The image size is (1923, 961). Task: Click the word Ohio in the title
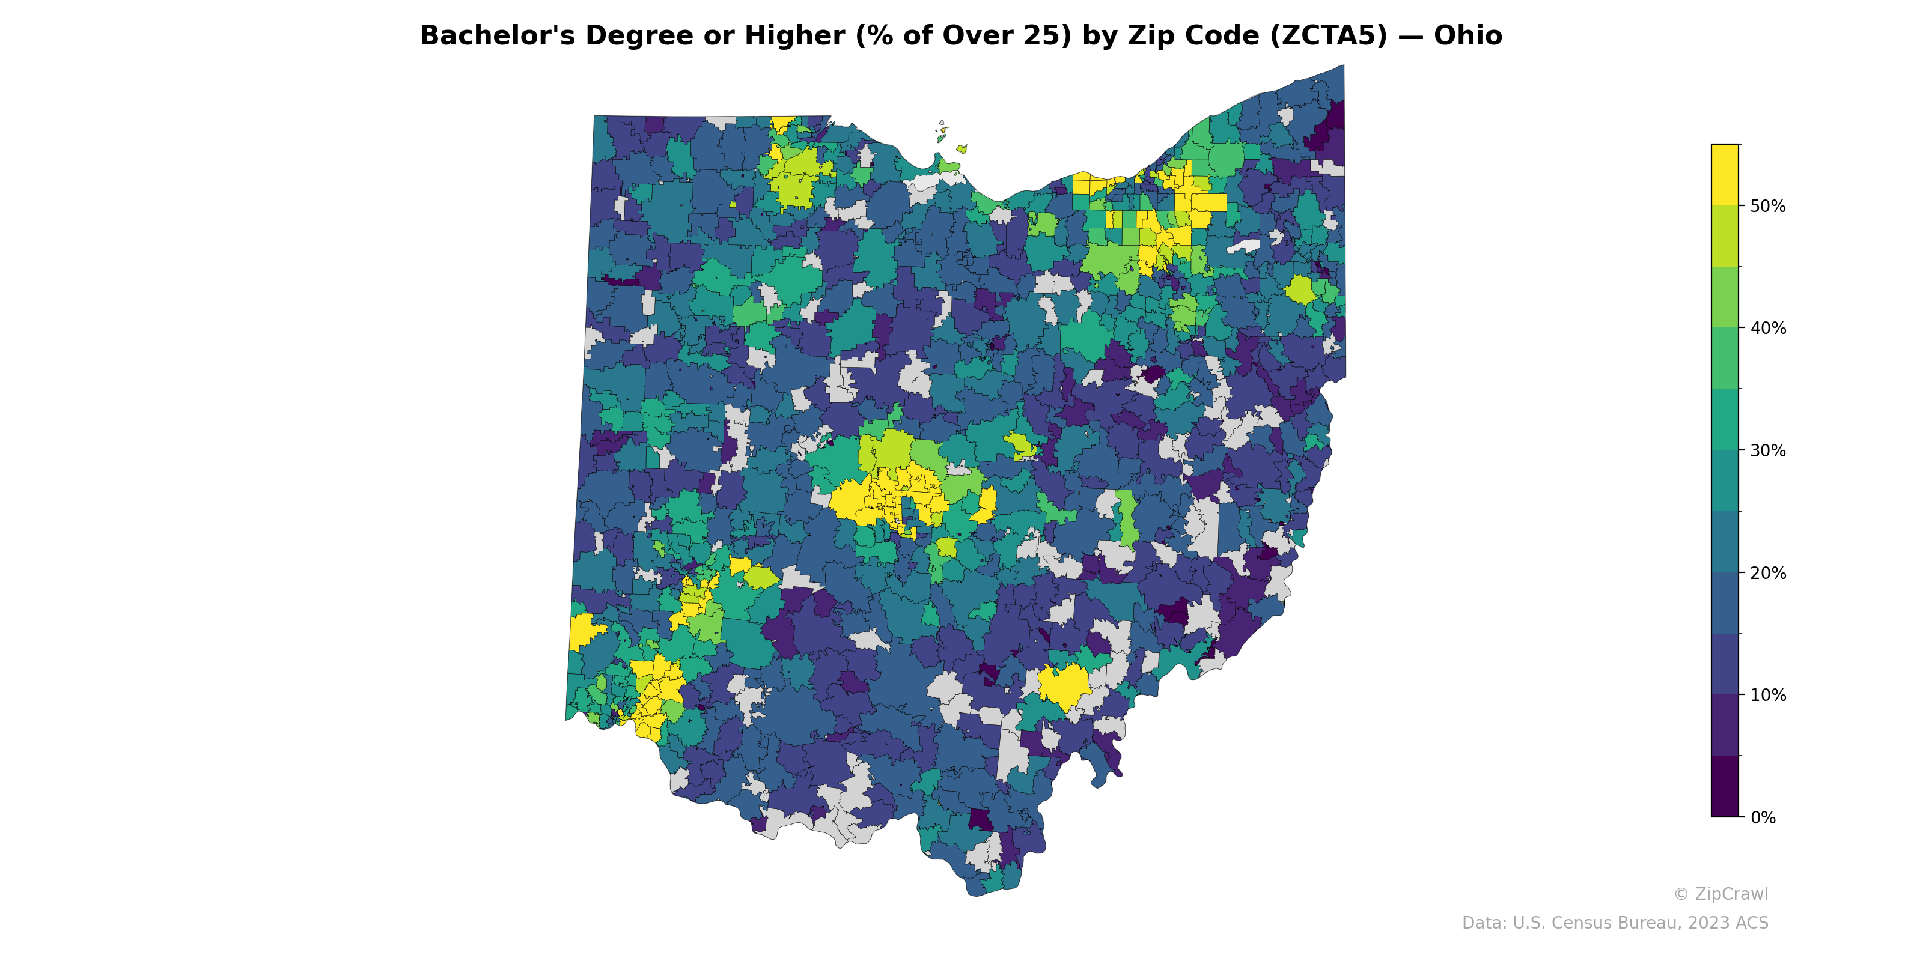[x=1467, y=36]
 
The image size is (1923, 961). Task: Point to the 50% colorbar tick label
[x=1768, y=207]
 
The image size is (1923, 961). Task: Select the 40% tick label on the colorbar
[x=1768, y=329]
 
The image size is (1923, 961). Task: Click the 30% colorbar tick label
[x=1768, y=450]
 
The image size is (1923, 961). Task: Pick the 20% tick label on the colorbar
[x=1768, y=573]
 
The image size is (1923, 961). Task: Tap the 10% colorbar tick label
[x=1768, y=696]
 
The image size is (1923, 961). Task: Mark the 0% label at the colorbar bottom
[x=1763, y=817]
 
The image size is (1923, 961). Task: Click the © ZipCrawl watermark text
[x=1720, y=894]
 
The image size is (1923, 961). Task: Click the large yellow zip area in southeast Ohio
[x=1064, y=685]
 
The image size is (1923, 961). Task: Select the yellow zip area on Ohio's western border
[x=584, y=632]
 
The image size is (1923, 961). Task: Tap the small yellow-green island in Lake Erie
[x=961, y=149]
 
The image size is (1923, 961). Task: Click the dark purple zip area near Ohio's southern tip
[x=980, y=819]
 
